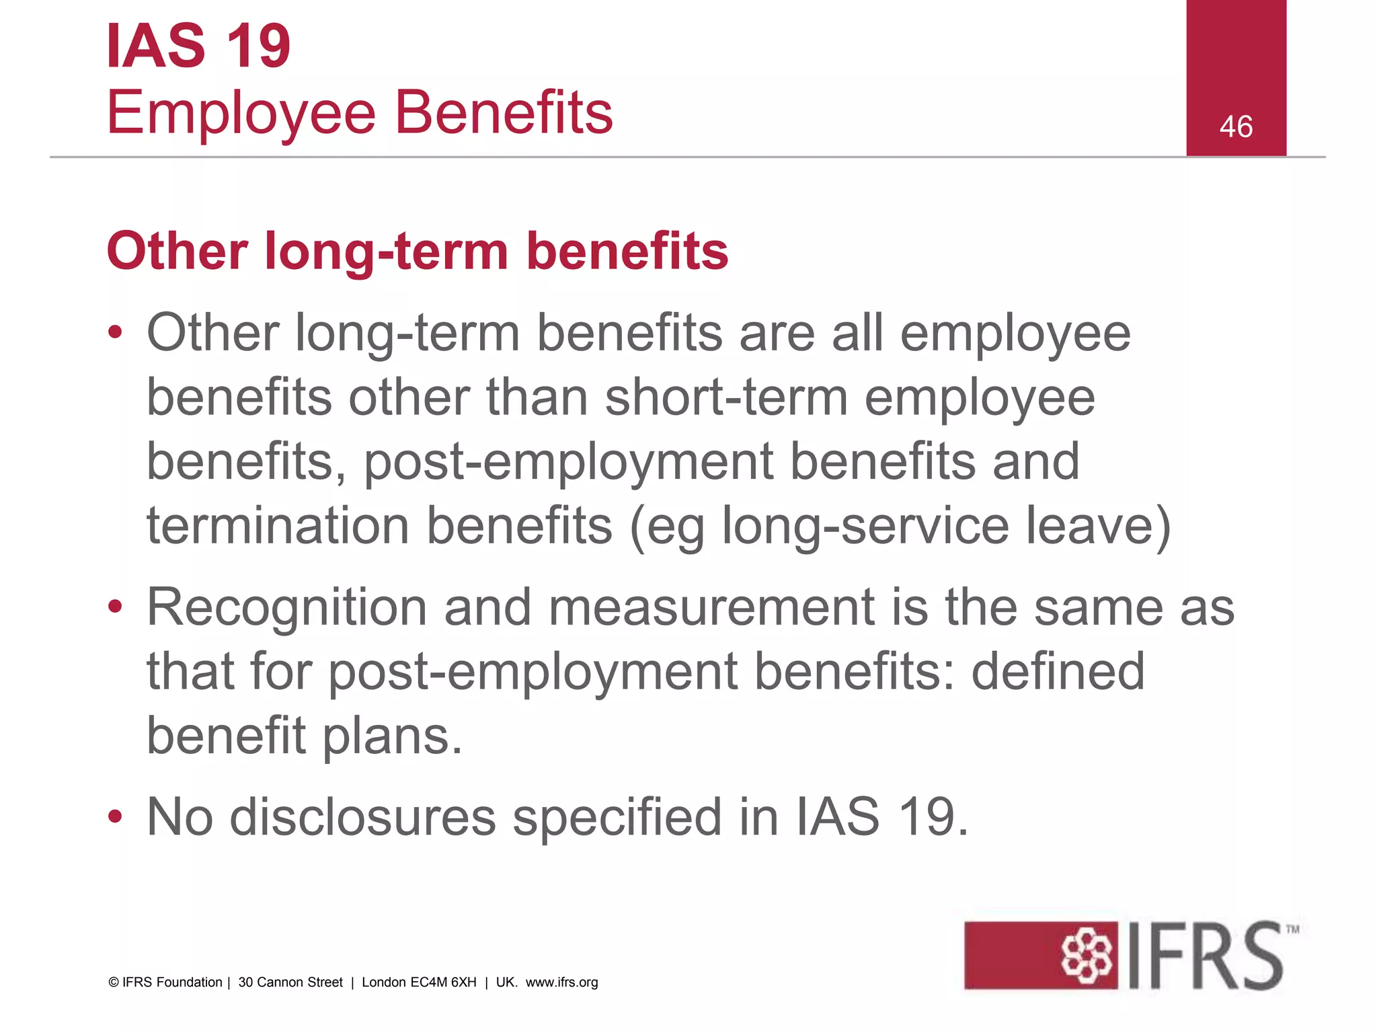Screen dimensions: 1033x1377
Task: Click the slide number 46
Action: [1236, 126]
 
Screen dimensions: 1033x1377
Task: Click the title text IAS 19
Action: [198, 46]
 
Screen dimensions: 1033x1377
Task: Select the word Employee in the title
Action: [241, 113]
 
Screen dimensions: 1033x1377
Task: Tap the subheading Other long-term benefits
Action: [417, 251]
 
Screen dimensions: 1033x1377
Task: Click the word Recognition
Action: [286, 607]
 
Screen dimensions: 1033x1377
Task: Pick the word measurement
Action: [711, 607]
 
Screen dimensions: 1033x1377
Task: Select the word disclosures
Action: [363, 817]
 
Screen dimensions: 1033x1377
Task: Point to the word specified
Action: [617, 817]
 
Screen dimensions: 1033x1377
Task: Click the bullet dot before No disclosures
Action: [115, 816]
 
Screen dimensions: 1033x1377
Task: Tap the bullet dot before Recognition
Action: [115, 607]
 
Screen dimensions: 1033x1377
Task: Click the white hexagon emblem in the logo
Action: [1085, 955]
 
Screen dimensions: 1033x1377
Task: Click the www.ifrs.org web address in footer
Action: [561, 982]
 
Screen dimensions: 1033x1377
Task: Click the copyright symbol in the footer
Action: [114, 983]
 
